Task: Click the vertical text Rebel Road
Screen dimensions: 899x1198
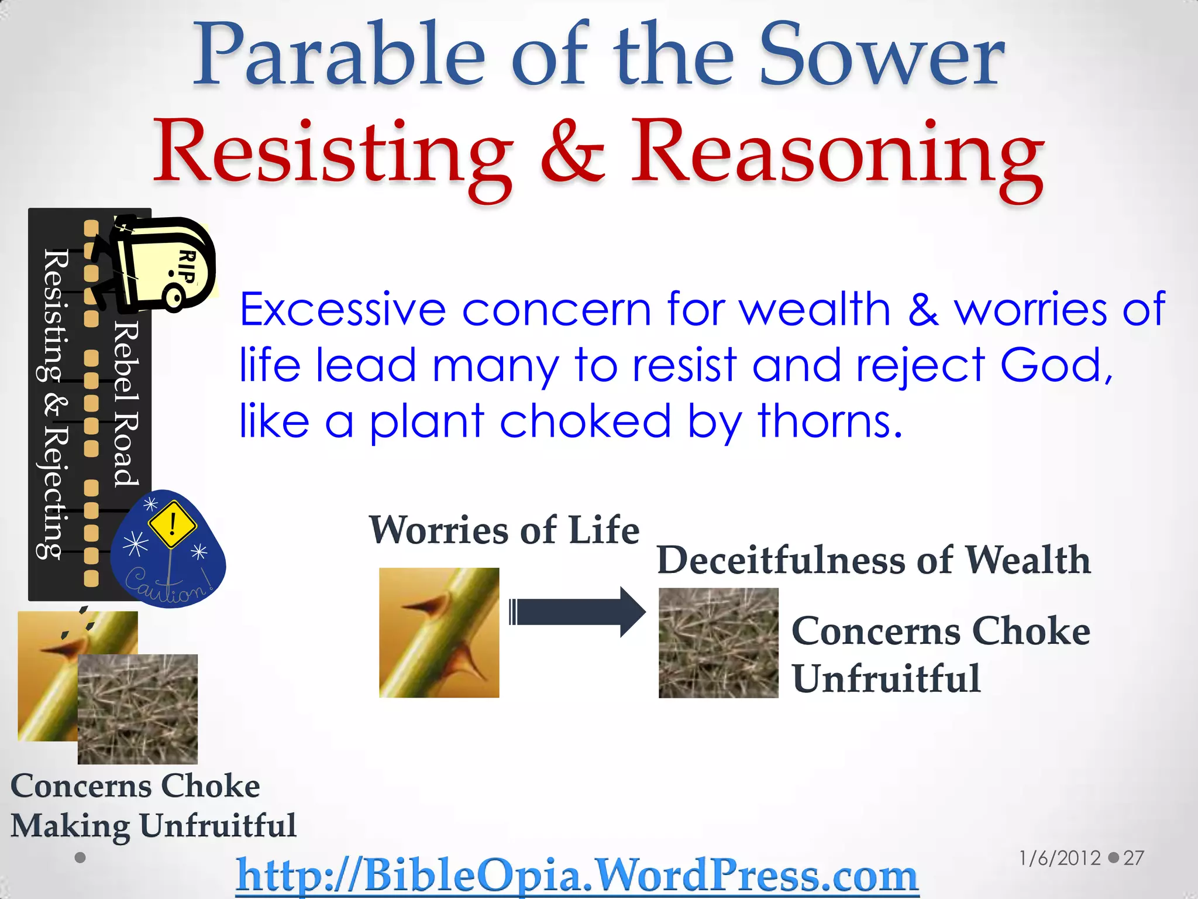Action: point(126,404)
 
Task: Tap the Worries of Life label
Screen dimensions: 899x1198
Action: point(504,530)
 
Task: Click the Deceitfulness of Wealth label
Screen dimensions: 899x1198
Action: point(873,560)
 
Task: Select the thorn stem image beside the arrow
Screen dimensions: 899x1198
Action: point(439,633)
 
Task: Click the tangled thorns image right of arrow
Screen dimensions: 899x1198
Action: point(718,643)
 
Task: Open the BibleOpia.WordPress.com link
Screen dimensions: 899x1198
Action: point(577,875)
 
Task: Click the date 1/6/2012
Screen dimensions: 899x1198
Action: point(1059,858)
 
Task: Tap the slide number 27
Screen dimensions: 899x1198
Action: point(1133,858)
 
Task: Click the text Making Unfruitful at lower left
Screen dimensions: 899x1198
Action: point(153,826)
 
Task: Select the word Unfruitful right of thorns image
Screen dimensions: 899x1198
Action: point(886,679)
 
